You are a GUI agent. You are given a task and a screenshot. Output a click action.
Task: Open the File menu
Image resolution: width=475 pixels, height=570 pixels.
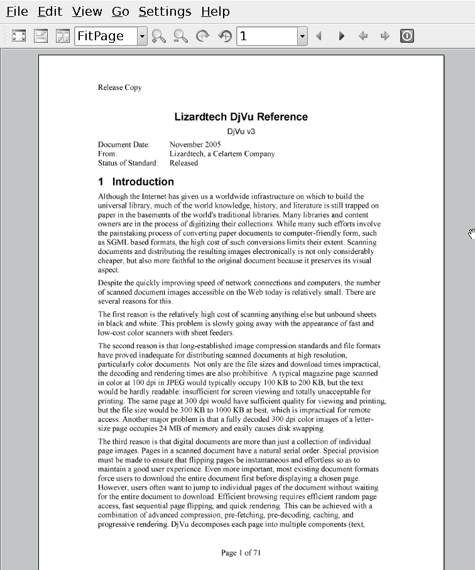(x=17, y=11)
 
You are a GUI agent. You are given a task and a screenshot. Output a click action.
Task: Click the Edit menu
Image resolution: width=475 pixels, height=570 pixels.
(x=50, y=11)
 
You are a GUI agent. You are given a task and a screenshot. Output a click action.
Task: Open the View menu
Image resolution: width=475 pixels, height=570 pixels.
(x=87, y=11)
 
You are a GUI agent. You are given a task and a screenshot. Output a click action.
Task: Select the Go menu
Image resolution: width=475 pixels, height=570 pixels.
(x=120, y=11)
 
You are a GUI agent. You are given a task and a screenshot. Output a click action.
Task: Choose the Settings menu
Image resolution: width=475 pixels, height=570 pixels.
(x=165, y=11)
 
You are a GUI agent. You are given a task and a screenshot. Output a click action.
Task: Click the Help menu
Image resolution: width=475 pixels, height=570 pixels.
(x=216, y=11)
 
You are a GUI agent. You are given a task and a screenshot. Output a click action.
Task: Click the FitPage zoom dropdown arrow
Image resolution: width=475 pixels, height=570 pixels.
(x=142, y=36)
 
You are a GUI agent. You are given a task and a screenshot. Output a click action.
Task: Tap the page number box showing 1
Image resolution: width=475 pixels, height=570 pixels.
(x=267, y=36)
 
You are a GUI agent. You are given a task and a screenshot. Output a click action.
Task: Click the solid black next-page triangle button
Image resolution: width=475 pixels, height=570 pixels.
(x=341, y=36)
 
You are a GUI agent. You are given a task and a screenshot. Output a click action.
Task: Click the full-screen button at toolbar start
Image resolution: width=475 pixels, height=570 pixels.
(x=19, y=36)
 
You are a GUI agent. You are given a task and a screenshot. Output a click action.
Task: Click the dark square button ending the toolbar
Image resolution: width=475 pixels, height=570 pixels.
(x=407, y=36)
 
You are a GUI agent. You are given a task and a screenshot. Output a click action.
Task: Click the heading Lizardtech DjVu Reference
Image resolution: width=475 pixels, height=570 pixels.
(x=241, y=117)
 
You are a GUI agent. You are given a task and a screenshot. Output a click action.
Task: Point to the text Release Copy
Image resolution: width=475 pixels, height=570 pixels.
(x=119, y=87)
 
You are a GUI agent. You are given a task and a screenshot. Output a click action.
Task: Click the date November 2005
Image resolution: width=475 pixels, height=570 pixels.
(x=195, y=145)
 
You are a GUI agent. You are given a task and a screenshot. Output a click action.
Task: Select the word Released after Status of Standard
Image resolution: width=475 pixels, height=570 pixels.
(x=183, y=163)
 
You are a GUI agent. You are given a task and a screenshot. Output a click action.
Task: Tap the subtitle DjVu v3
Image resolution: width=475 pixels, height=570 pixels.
(x=241, y=131)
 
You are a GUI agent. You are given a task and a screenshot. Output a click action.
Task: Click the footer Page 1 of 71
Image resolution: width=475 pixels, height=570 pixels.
(x=241, y=553)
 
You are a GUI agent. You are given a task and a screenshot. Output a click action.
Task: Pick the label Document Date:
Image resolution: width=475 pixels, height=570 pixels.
(x=124, y=145)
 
